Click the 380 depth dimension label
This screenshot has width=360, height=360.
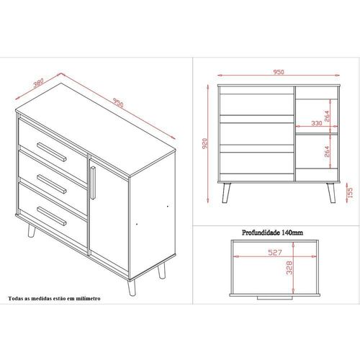(x=38, y=83)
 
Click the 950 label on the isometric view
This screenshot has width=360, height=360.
(x=118, y=103)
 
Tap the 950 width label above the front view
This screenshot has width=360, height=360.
(x=279, y=72)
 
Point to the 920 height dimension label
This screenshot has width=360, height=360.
(x=204, y=143)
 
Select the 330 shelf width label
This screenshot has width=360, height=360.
(x=317, y=123)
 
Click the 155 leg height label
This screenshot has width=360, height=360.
(x=350, y=192)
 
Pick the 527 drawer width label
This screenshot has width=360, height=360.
(x=275, y=252)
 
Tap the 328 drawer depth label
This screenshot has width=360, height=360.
(x=289, y=268)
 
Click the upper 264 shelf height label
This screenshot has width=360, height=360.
(x=327, y=116)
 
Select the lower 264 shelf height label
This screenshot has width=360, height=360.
(x=327, y=151)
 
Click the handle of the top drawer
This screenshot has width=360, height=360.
(x=52, y=152)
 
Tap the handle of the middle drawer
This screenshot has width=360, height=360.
(x=52, y=184)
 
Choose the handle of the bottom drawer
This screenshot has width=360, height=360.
(x=52, y=216)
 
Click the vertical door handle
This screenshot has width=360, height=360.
(x=93, y=183)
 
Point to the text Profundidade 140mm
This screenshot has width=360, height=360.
(x=272, y=233)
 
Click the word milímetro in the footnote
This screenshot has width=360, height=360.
(x=88, y=299)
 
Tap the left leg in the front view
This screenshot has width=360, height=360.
(x=226, y=193)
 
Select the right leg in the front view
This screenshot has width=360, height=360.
(x=331, y=193)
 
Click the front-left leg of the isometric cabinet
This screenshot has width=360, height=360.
(x=131, y=287)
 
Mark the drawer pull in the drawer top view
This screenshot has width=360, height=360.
(x=275, y=298)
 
